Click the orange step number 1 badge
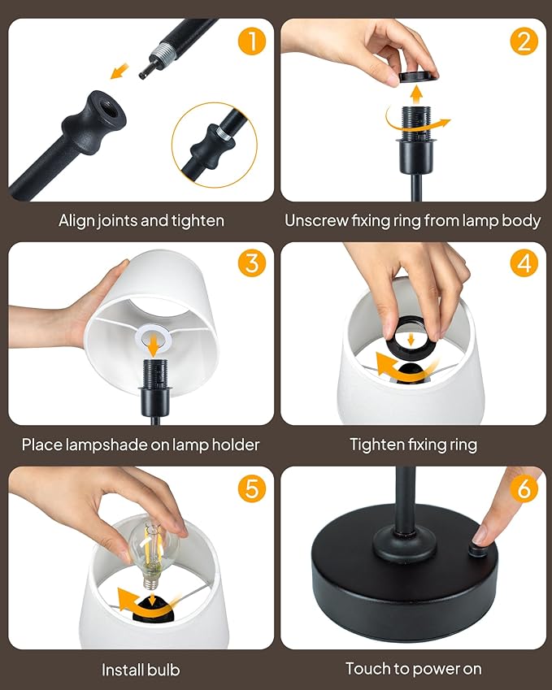(x=252, y=41)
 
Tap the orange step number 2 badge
(x=524, y=41)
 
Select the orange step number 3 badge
(x=252, y=263)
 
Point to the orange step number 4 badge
(x=524, y=263)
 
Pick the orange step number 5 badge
(x=252, y=488)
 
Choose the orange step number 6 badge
(x=524, y=488)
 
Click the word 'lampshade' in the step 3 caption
(x=107, y=445)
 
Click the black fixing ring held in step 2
(x=418, y=76)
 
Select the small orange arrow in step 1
(x=120, y=72)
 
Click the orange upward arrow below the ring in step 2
(x=416, y=95)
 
